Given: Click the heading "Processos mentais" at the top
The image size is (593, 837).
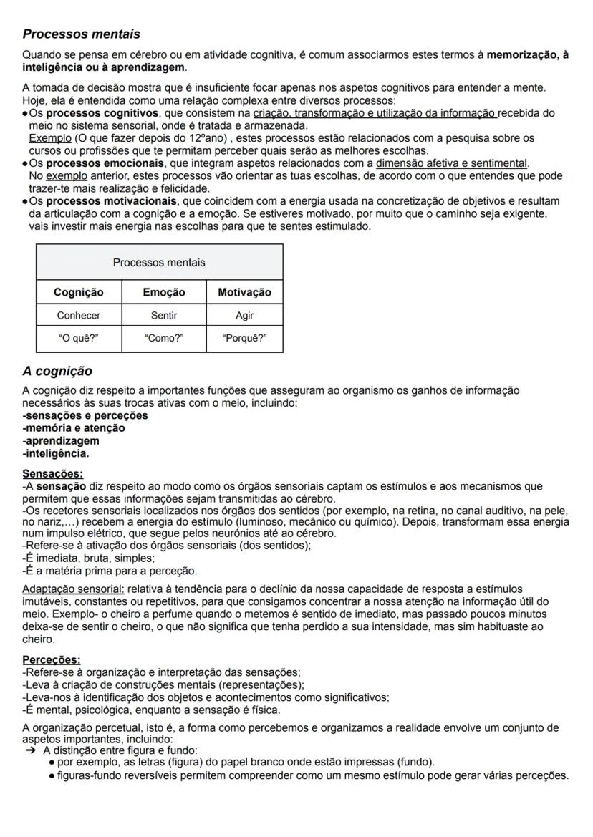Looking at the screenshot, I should (x=81, y=34).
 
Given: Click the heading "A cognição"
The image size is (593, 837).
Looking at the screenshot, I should (x=57, y=372).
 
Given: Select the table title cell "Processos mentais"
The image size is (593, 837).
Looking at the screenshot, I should (x=159, y=262).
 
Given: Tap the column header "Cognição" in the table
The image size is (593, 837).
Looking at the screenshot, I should (x=79, y=292).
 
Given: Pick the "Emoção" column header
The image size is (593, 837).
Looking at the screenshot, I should (x=164, y=292).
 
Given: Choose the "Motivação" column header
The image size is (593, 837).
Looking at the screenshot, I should (x=244, y=292).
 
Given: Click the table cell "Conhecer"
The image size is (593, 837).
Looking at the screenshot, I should (x=79, y=315).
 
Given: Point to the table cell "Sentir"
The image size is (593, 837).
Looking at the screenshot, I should (x=164, y=315).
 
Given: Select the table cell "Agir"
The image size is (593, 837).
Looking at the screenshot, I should (x=244, y=315).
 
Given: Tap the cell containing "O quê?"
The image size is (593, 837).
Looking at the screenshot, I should (x=79, y=339).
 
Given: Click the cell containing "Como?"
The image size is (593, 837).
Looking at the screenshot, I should (x=164, y=339).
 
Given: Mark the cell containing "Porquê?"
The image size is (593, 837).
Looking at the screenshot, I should (x=244, y=339).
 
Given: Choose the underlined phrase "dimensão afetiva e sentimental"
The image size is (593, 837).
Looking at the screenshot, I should (x=451, y=163).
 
